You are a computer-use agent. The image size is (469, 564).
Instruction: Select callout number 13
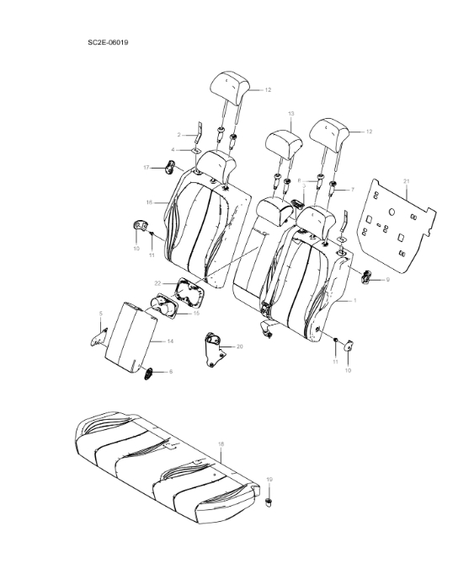pyautogui.click(x=290, y=113)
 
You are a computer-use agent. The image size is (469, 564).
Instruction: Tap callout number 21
pyautogui.click(x=406, y=181)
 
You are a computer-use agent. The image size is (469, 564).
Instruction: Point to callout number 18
pyautogui.click(x=221, y=443)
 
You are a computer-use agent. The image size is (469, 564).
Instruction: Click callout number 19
pyautogui.click(x=269, y=479)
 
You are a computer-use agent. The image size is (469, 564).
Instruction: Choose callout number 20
pyautogui.click(x=240, y=346)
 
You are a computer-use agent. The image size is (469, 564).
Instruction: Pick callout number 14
pyautogui.click(x=169, y=341)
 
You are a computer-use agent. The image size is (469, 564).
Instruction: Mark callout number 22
pyautogui.click(x=157, y=282)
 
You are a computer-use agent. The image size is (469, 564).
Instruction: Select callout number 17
pyautogui.click(x=146, y=168)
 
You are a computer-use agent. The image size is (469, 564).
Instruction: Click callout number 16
pyautogui.click(x=149, y=202)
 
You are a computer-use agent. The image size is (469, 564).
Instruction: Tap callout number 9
pyautogui.click(x=387, y=279)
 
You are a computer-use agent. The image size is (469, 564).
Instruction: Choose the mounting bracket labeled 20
pyautogui.click(x=214, y=350)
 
